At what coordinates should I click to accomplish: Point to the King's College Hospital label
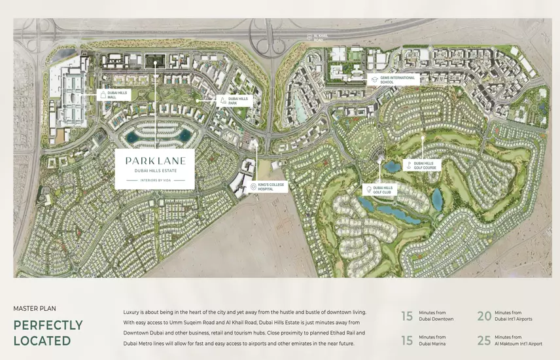pyautogui.click(x=273, y=187)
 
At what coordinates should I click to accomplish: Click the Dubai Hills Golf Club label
pyautogui.click(x=385, y=189)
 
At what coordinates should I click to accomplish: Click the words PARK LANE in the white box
pyautogui.click(x=155, y=160)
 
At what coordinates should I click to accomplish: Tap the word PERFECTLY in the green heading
pyautogui.click(x=48, y=325)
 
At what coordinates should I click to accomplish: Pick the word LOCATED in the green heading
pyautogui.click(x=42, y=340)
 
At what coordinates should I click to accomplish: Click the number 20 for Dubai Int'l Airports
pyautogui.click(x=483, y=316)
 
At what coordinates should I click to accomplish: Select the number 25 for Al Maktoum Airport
pyautogui.click(x=483, y=340)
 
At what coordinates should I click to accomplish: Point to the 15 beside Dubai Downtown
pyautogui.click(x=407, y=316)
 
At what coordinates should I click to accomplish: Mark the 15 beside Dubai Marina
pyautogui.click(x=407, y=340)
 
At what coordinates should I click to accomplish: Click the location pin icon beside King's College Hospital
pyautogui.click(x=253, y=187)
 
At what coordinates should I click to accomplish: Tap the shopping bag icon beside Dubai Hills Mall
pyautogui.click(x=102, y=95)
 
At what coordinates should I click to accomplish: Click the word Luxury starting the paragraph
pyautogui.click(x=132, y=313)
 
